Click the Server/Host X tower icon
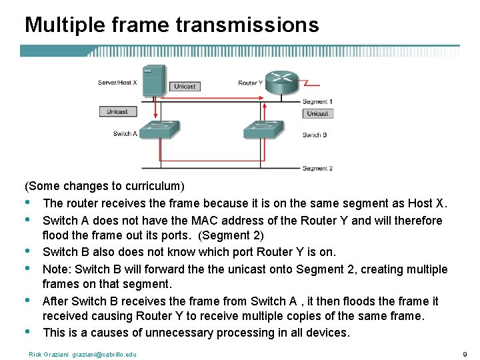click(155, 80)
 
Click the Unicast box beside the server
click(185, 87)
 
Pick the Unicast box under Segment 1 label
click(317, 113)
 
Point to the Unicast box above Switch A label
click(117, 111)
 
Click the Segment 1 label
click(317, 101)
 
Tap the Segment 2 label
click(317, 168)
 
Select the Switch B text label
click(314, 135)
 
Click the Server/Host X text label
click(118, 83)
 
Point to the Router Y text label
click(251, 83)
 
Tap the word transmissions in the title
click(247, 25)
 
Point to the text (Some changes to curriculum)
click(105, 185)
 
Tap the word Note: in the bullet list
click(57, 269)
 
